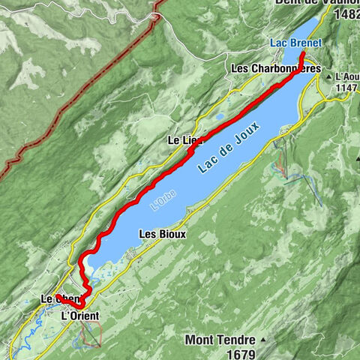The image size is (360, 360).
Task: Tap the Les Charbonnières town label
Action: pos(276,68)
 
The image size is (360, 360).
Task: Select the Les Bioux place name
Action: pos(162,234)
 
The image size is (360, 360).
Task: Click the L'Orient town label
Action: pos(79,316)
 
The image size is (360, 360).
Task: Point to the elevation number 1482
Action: pos(346,15)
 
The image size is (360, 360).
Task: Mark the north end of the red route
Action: pos(301,54)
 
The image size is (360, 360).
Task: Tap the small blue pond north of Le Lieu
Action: pos(219,117)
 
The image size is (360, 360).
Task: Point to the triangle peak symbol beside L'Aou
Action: pos(329,76)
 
